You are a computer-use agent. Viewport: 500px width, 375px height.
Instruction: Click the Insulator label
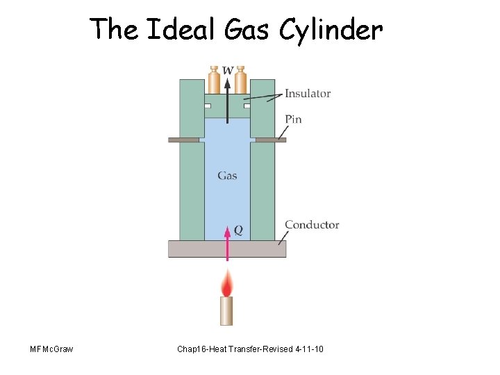point(307,94)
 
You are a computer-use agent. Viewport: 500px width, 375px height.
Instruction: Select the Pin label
point(293,119)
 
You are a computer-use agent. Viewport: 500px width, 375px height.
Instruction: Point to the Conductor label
point(312,224)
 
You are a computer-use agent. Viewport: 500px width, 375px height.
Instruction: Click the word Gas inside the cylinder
point(227,176)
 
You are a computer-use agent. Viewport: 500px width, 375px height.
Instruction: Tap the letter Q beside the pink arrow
point(238,230)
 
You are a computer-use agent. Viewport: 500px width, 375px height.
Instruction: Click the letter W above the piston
point(227,70)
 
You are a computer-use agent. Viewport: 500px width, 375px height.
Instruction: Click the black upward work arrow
point(227,104)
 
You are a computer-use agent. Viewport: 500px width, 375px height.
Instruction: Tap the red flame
point(227,283)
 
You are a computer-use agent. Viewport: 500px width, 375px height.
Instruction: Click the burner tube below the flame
point(227,310)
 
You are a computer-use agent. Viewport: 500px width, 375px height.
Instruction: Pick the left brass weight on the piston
point(214,81)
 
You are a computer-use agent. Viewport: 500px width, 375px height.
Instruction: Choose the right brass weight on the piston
point(240,81)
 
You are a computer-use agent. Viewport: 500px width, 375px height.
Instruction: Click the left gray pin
point(183,140)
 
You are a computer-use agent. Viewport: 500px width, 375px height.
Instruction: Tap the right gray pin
point(271,140)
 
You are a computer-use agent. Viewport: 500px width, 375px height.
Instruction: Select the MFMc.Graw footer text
point(52,348)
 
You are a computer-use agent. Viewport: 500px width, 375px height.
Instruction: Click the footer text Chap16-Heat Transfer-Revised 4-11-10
point(250,348)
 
